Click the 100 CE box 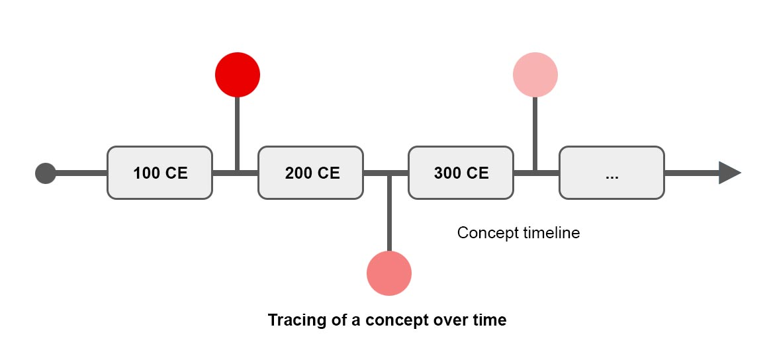(159, 173)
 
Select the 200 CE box (311, 173)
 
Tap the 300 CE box (461, 173)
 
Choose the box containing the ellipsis (612, 173)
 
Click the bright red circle (238, 75)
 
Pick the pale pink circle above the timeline (535, 75)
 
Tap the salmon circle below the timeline (389, 273)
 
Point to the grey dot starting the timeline (46, 173)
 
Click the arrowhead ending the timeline (730, 173)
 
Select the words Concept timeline (518, 233)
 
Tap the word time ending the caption (489, 320)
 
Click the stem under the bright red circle (238, 134)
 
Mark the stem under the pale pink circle (535, 134)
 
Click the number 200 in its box (298, 173)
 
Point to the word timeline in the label (550, 233)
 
